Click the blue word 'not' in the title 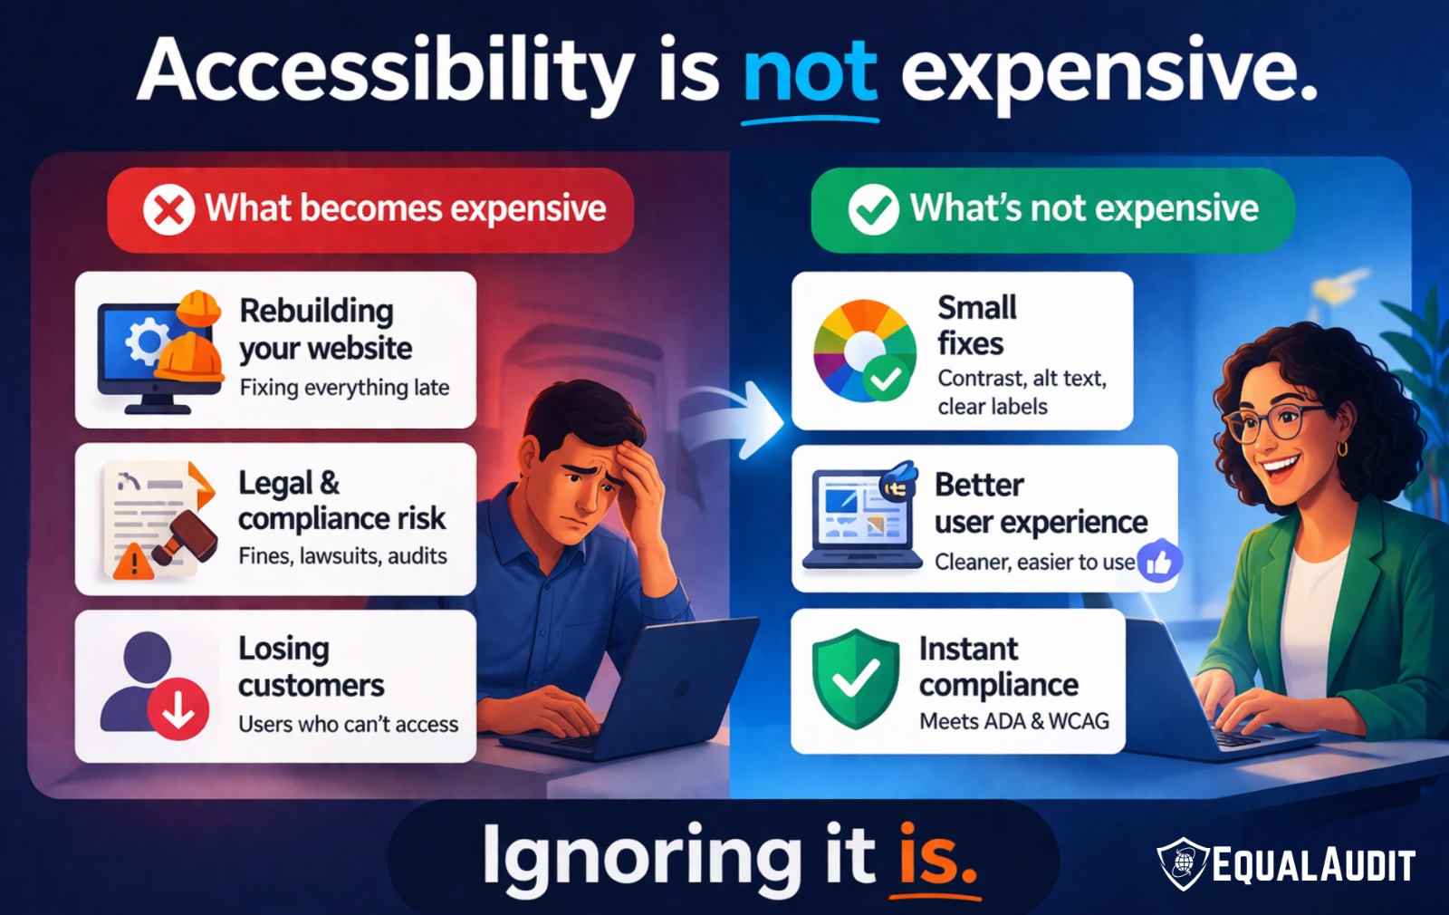pos(810,72)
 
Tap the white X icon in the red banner pos(168,210)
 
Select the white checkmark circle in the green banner pos(873,210)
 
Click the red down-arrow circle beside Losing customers pos(178,709)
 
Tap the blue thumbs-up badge pos(1159,562)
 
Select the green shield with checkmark pos(855,679)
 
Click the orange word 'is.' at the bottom pos(937,856)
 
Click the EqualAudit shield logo pos(1183,863)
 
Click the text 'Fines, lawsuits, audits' pos(342,556)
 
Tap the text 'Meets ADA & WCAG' pos(1013,721)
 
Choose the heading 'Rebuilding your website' pos(324,329)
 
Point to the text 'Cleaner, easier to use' pos(1034,563)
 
